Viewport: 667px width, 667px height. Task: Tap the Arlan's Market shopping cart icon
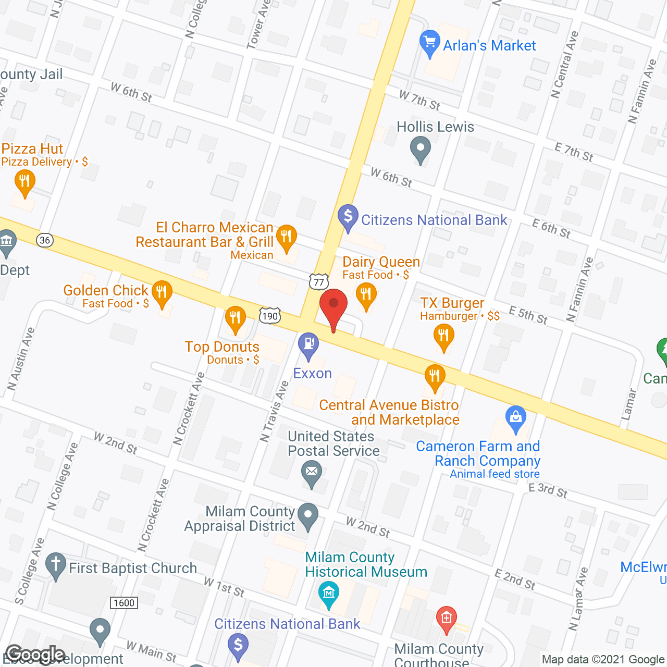(x=430, y=42)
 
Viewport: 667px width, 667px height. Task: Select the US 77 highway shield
(x=319, y=282)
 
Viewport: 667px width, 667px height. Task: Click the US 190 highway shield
(x=270, y=316)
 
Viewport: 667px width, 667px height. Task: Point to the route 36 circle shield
(x=45, y=240)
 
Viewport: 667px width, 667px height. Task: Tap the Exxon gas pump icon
(x=308, y=344)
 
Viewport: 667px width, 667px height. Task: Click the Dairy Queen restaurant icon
(x=366, y=294)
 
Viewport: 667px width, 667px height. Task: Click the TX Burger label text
(x=452, y=303)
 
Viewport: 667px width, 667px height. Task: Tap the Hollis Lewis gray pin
(x=420, y=148)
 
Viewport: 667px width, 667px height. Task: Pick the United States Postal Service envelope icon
(x=312, y=473)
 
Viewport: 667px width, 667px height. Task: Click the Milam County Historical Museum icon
(x=329, y=594)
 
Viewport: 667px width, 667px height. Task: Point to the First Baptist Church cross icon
(x=56, y=564)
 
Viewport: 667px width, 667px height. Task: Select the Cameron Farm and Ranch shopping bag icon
(x=516, y=417)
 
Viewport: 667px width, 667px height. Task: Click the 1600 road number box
(x=124, y=603)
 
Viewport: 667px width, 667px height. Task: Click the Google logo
(x=35, y=655)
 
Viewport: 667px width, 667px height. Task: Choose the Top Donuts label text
(x=222, y=347)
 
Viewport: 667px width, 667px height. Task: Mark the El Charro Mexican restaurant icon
(x=286, y=236)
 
